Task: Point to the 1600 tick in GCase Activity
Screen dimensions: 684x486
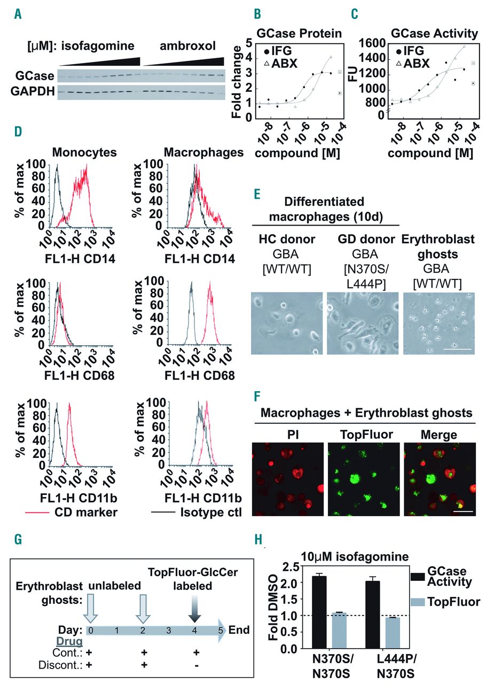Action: [377, 42]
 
